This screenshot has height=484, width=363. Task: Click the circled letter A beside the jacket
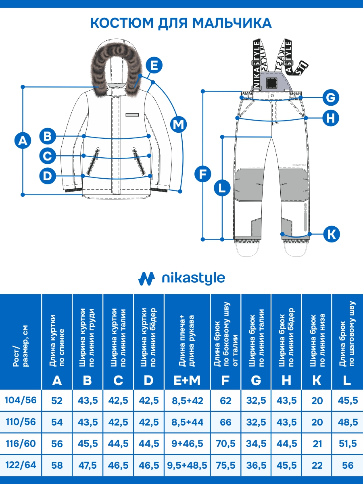pyautogui.click(x=23, y=140)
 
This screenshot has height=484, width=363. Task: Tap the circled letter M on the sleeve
pyautogui.click(x=178, y=124)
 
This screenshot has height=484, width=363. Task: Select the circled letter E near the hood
pyautogui.click(x=154, y=65)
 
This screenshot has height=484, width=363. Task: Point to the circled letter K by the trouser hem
pyautogui.click(x=331, y=234)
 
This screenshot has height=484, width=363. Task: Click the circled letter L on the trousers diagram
pyautogui.click(x=222, y=188)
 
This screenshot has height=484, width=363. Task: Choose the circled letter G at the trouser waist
pyautogui.click(x=330, y=97)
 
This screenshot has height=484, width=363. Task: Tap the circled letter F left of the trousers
pyautogui.click(x=202, y=174)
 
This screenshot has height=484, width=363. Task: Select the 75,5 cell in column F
pyautogui.click(x=226, y=465)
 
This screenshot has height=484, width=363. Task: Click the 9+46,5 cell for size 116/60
pyautogui.click(x=187, y=444)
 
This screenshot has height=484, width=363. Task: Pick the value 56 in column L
pyautogui.click(x=347, y=465)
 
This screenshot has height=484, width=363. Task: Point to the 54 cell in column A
pyautogui.click(x=57, y=422)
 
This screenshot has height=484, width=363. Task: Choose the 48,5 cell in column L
pyautogui.click(x=347, y=422)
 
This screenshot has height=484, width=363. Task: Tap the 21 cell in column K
pyautogui.click(x=317, y=444)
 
